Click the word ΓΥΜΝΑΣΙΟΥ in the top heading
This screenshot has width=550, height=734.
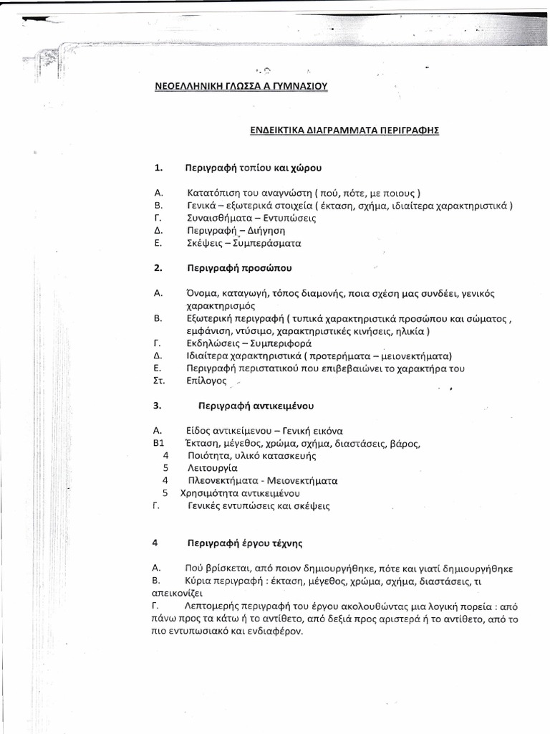pyautogui.click(x=291, y=87)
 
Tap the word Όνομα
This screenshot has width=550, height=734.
pyautogui.click(x=204, y=293)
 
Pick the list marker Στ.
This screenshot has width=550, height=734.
pyautogui.click(x=159, y=381)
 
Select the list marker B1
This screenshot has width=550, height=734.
pyautogui.click(x=160, y=443)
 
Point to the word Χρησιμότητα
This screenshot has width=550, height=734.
pyautogui.click(x=209, y=493)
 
